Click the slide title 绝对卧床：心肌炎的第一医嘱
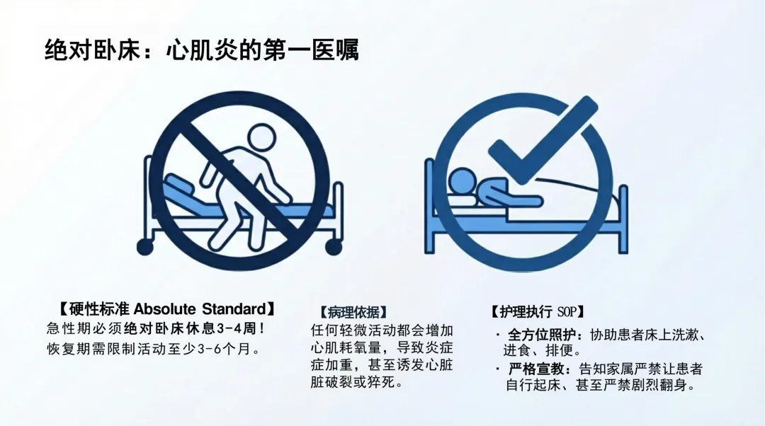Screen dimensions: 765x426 click(x=201, y=50)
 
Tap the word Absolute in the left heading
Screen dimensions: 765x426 click(x=164, y=309)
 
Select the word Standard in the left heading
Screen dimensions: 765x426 click(x=234, y=309)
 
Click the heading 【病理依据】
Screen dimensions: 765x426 click(x=353, y=312)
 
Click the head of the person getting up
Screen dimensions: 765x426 click(x=262, y=138)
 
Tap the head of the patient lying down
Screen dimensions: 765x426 click(x=461, y=182)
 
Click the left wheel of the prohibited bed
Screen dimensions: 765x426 click(x=145, y=247)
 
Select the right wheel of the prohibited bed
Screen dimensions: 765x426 click(x=334, y=247)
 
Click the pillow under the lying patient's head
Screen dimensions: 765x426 click(x=462, y=200)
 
